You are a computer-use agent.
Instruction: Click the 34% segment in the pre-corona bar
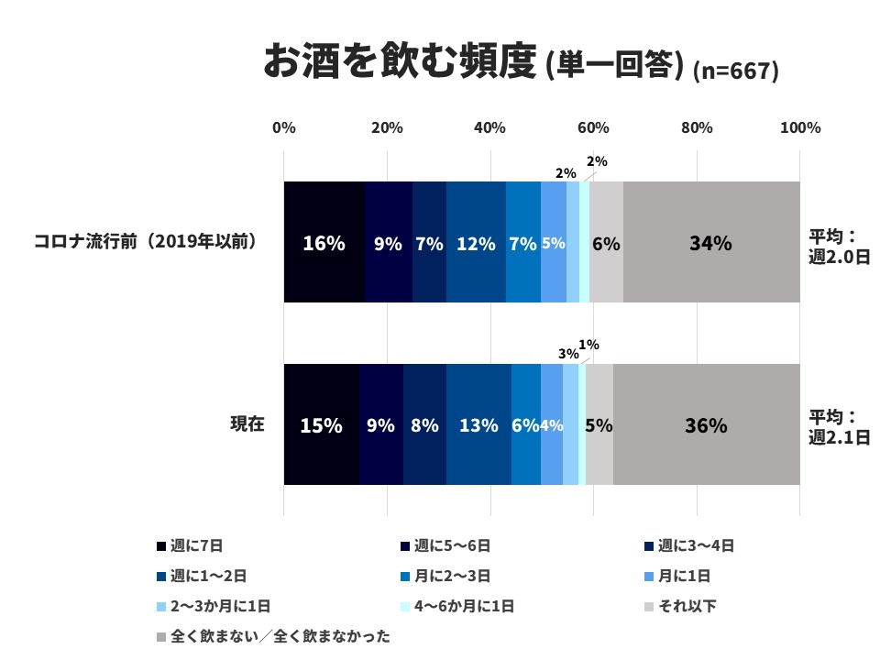[x=711, y=243]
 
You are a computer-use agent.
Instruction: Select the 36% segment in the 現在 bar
[x=706, y=425]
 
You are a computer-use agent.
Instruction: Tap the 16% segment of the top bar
[x=324, y=243]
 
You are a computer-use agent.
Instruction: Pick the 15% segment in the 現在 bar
[x=321, y=425]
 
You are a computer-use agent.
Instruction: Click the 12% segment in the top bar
[x=476, y=243]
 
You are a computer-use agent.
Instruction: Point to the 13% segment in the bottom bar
[x=478, y=425]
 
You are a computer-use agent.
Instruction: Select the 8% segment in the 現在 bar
[x=424, y=425]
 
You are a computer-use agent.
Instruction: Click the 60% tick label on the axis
[x=593, y=128]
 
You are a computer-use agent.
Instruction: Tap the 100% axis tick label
[x=799, y=128]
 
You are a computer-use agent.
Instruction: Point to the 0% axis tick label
[x=284, y=128]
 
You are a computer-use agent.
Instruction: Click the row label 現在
[x=247, y=424]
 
